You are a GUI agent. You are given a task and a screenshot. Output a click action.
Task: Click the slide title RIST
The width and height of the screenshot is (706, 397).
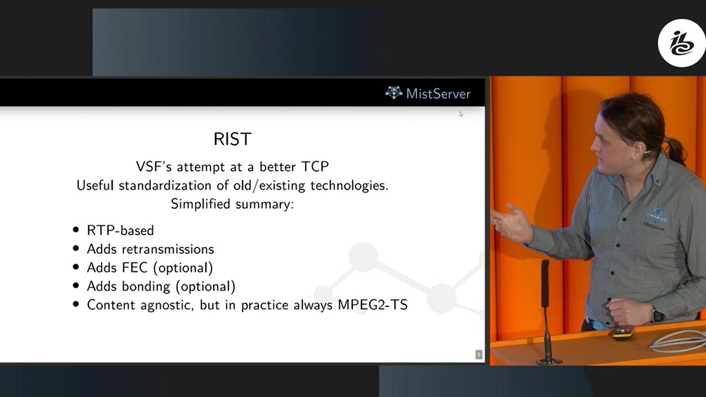pyautogui.click(x=233, y=139)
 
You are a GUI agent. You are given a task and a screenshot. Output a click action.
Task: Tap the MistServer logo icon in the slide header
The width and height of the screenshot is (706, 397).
pyautogui.click(x=394, y=93)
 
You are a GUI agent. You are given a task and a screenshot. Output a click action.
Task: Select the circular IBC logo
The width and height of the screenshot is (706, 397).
pyautogui.click(x=681, y=43)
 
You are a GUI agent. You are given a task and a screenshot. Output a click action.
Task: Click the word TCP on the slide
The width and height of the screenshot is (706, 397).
pyautogui.click(x=315, y=166)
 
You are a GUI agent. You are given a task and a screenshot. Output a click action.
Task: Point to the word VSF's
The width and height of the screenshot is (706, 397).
pyautogui.click(x=154, y=166)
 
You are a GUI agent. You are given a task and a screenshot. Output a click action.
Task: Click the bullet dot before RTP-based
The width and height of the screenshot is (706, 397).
pyautogui.click(x=76, y=230)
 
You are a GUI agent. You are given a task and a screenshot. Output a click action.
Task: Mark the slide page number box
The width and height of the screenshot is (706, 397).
pyautogui.click(x=479, y=355)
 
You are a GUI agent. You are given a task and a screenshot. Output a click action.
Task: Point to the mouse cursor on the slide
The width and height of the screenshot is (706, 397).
pyautogui.click(x=461, y=114)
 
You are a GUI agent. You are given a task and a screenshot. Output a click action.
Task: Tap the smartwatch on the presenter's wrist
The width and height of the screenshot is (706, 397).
pyautogui.click(x=658, y=315)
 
